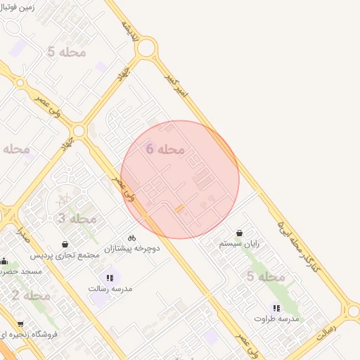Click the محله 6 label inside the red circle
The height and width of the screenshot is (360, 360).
point(166,149)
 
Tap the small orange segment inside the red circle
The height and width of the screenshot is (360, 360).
point(181,209)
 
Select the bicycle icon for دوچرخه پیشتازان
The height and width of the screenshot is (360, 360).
point(132,238)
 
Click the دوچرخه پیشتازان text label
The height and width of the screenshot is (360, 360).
point(132,249)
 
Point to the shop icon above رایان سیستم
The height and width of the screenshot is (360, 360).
point(240,233)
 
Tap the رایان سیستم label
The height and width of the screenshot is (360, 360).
point(239,243)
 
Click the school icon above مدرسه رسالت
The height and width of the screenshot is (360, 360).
point(110,278)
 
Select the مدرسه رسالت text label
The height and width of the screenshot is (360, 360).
point(110,288)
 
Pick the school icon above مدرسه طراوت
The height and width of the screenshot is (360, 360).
point(277,308)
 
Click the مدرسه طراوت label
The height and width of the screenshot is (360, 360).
point(277,319)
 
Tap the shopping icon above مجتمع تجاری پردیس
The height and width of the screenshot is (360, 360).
point(65,243)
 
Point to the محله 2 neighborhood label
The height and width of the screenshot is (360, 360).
point(31,295)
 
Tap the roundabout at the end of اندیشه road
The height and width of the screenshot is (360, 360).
point(146,49)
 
